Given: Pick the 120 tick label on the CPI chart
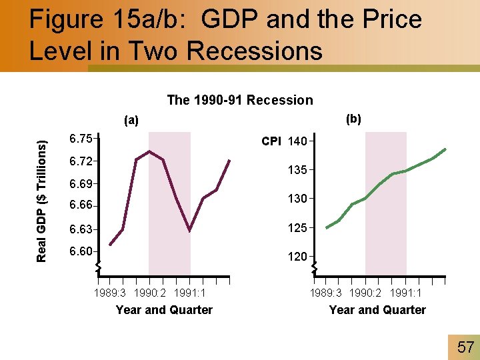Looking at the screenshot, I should [298, 257].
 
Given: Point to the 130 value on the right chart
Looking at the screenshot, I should [298, 199].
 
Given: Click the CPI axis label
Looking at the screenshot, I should [271, 141].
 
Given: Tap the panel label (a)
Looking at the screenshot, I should [131, 121].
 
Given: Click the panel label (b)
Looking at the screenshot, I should [353, 119].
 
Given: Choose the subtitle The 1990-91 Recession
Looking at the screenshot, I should [239, 100].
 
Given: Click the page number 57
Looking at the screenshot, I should [465, 347].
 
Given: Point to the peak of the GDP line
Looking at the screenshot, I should [150, 151].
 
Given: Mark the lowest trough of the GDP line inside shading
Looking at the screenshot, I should [190, 231].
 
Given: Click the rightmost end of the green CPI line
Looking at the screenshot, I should [445, 149].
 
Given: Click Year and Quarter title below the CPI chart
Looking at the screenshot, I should [377, 309].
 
